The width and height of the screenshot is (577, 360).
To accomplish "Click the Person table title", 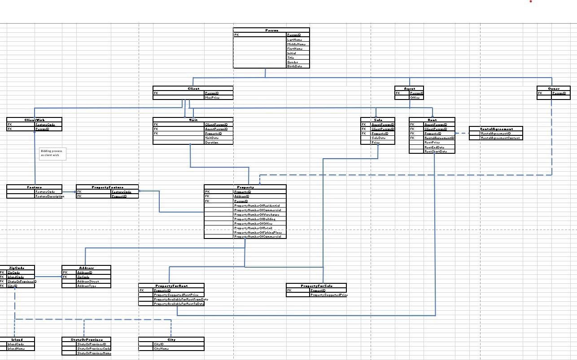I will pos(271,30).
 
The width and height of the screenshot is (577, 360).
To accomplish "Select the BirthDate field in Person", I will pos(295,66).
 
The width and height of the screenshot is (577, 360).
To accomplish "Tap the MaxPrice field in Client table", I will pos(212,97).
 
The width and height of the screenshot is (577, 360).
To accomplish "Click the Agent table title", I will pos(409,88).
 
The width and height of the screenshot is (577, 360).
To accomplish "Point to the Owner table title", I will pos(554,88).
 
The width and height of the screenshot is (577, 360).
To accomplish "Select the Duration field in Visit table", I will pos(211,143).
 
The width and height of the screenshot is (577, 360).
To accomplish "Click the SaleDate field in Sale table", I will pos(378,138).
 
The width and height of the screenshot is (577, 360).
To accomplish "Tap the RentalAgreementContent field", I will pos(500,138).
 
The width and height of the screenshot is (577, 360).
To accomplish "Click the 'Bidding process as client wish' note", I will pos(52,153).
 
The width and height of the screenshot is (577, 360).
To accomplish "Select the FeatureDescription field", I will pos(49,196).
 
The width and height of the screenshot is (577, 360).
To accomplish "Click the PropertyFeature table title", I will pos(107,187).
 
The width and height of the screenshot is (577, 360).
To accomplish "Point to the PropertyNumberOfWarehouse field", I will pos(257,214).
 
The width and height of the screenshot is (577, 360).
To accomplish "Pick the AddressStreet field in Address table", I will pos(88,281).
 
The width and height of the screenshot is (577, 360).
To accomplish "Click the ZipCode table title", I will pos(17,268).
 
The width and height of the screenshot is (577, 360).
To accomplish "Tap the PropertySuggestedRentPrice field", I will pos(176,295).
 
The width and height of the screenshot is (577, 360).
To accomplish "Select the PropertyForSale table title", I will pos(316,286).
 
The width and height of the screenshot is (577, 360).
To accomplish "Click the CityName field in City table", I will pos(161,348).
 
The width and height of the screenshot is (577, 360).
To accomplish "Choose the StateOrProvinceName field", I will pos(94,353).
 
